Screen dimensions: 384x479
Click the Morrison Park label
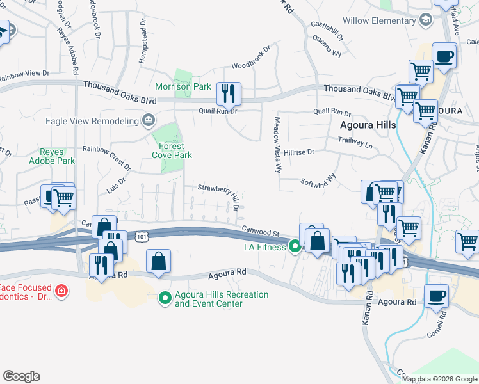point(183,86)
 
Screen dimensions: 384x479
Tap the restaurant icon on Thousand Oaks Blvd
point(229,94)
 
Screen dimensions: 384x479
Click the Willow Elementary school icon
point(425,20)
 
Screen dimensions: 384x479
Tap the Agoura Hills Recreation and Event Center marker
point(165,297)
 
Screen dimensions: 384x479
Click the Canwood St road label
point(261,232)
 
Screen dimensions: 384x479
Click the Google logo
point(21,376)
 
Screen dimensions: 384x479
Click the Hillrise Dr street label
point(300,152)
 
